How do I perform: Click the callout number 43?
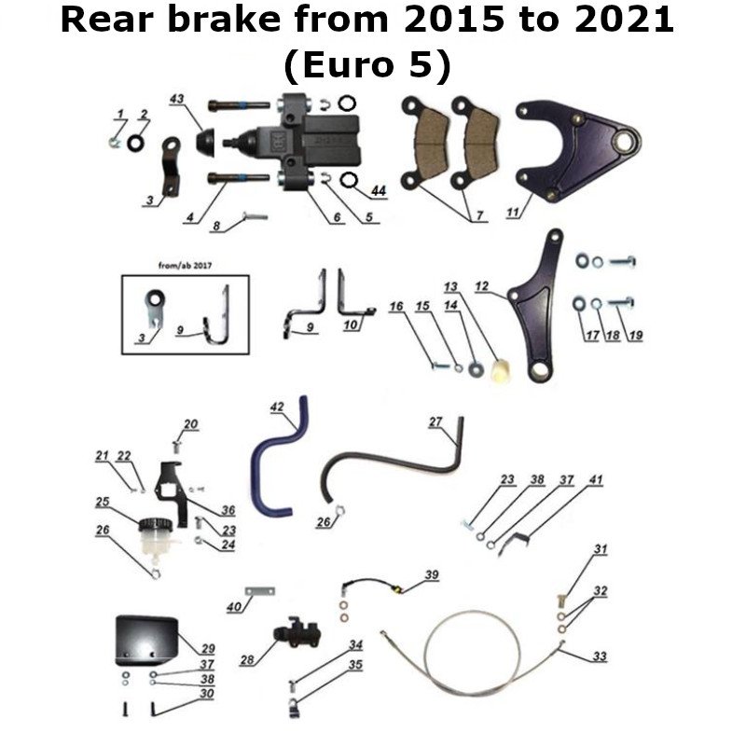(x=177, y=99)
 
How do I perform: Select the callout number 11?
(x=512, y=214)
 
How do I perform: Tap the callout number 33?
(x=599, y=656)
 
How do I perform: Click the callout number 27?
(x=435, y=421)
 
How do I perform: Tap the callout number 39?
(x=430, y=574)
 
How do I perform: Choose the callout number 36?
(x=228, y=510)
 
